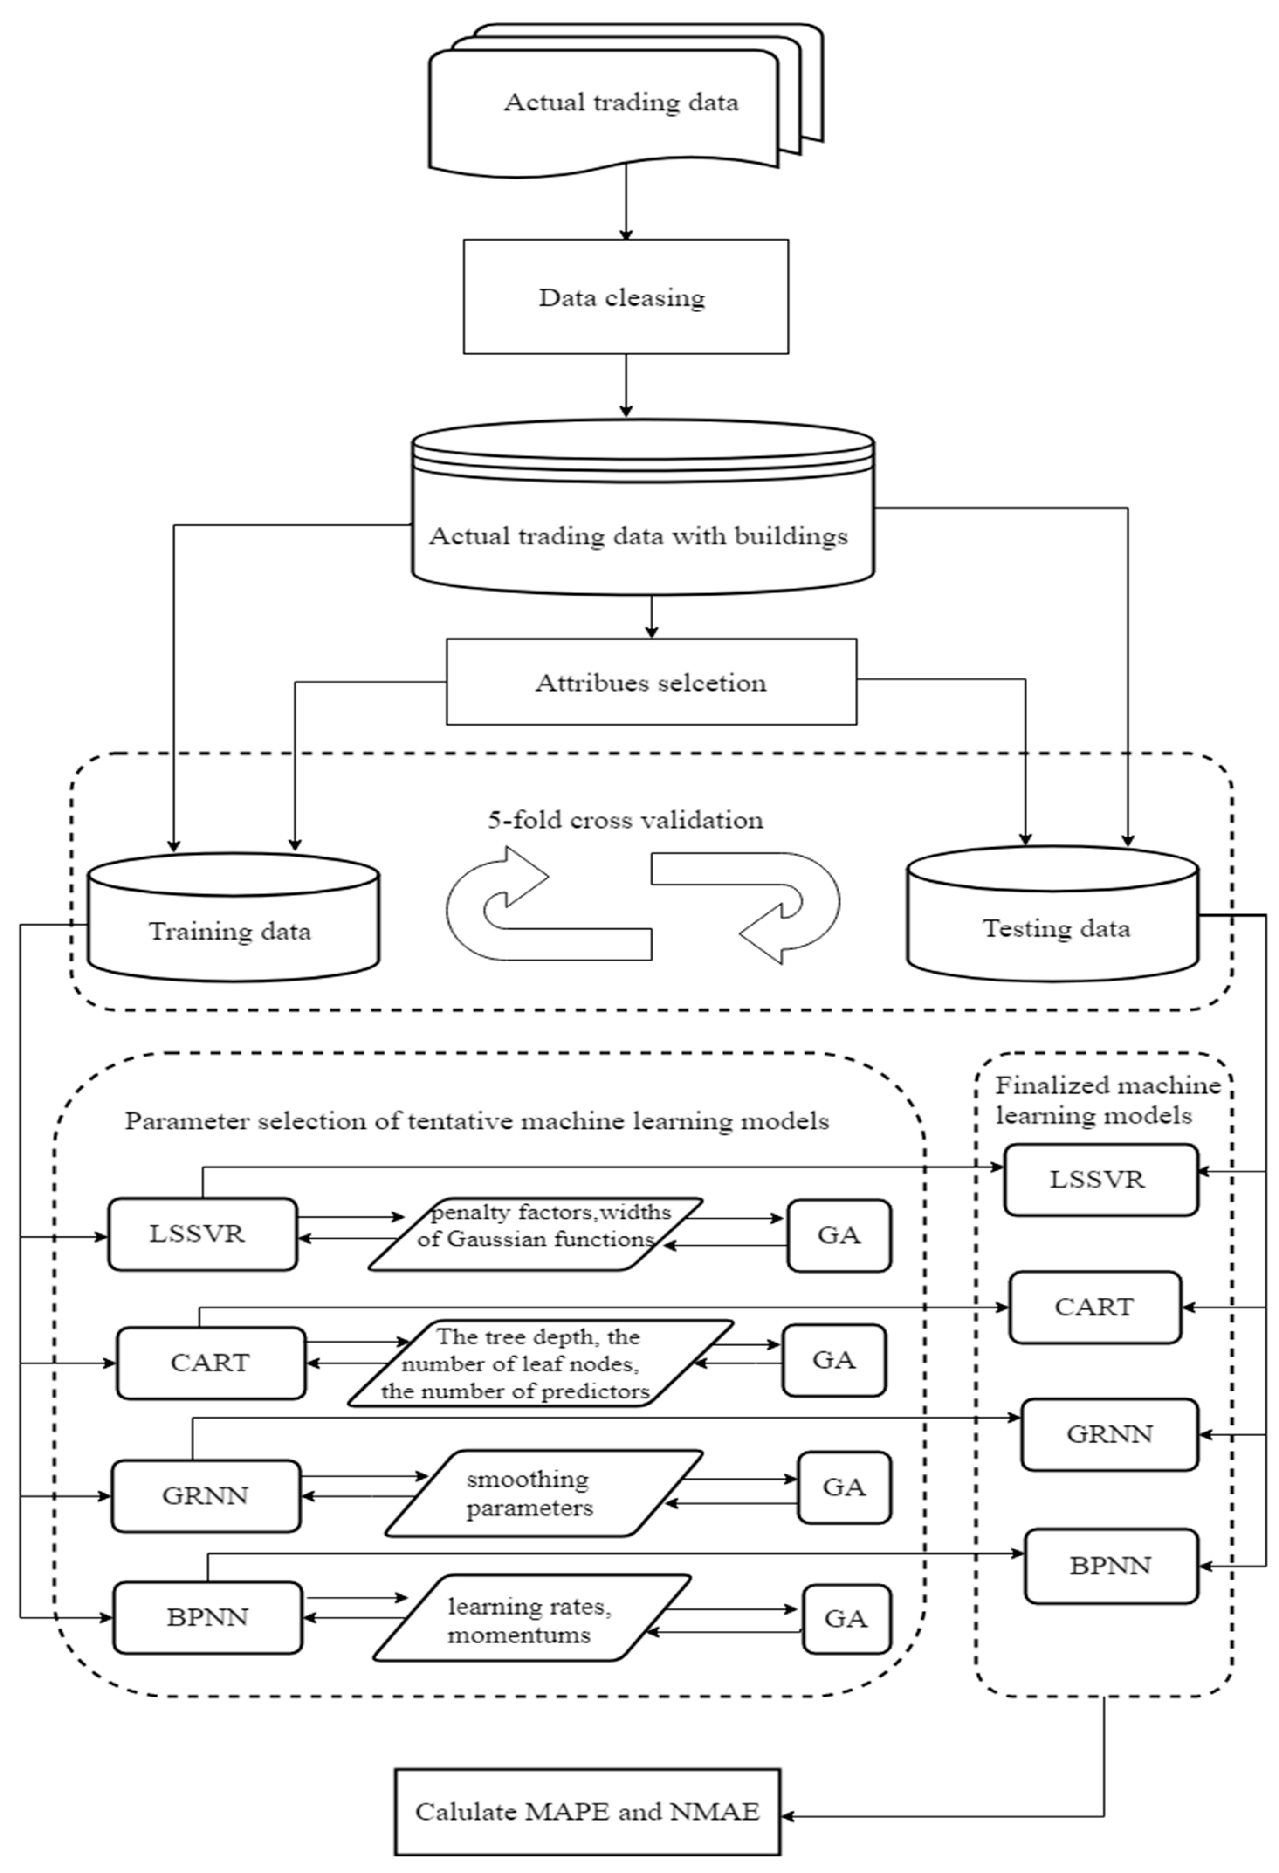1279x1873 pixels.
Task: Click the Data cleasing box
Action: coord(626,296)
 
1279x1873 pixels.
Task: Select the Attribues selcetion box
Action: coord(651,682)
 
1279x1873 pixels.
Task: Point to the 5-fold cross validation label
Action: coord(626,819)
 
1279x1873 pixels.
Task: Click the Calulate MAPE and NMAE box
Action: coord(588,1812)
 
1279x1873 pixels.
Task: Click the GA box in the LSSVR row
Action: coord(839,1236)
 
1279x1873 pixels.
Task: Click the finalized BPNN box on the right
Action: coord(1111,1566)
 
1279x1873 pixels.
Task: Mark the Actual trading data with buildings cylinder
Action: coord(642,516)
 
